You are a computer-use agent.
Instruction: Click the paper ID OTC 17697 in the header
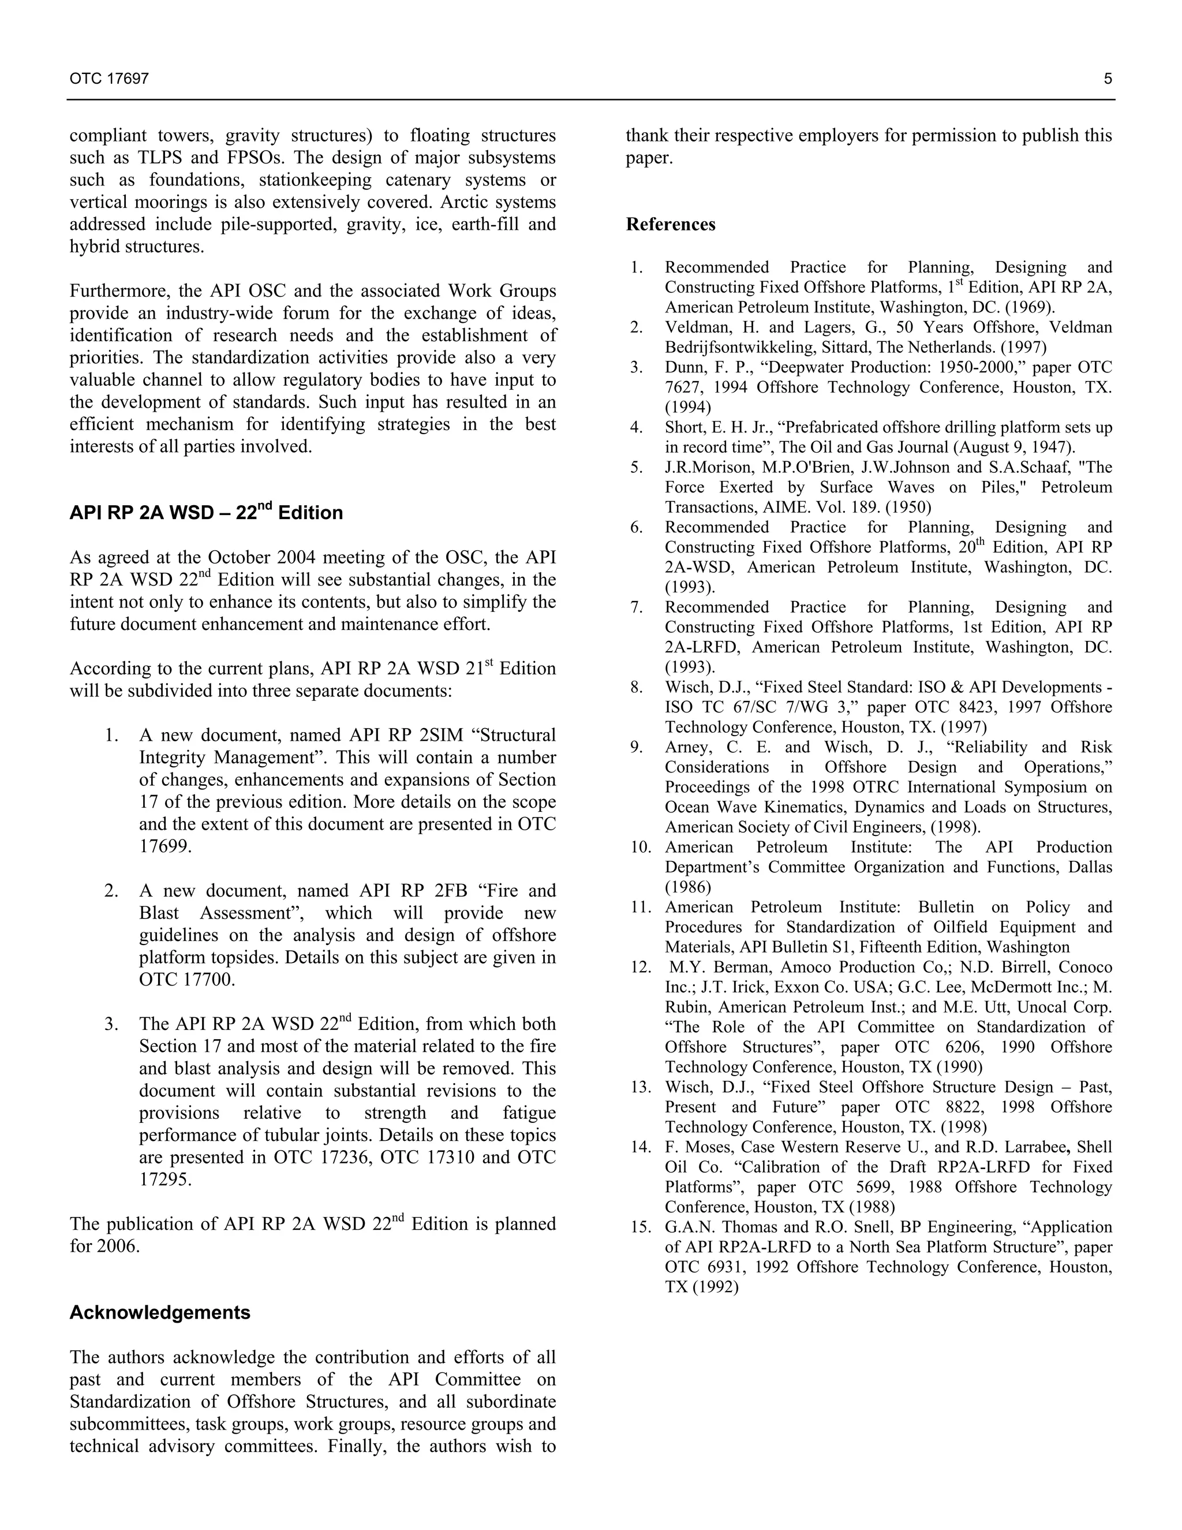click(109, 79)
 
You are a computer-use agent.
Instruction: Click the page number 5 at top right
click(1108, 79)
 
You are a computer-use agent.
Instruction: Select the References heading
click(670, 224)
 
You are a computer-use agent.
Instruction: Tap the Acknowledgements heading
click(160, 1312)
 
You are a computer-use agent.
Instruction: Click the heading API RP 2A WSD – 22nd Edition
click(206, 513)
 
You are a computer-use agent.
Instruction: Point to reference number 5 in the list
click(636, 467)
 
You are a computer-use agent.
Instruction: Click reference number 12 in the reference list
click(640, 966)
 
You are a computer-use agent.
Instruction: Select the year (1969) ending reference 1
click(1031, 307)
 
